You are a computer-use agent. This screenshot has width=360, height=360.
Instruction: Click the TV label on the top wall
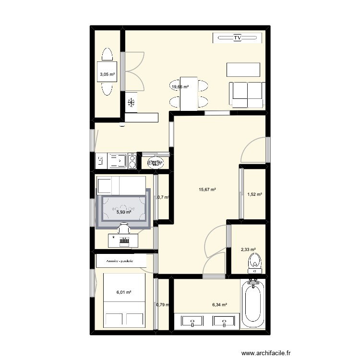(237, 38)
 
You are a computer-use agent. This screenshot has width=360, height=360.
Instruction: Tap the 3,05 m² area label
(107, 74)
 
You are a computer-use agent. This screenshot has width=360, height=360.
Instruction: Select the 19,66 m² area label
(180, 86)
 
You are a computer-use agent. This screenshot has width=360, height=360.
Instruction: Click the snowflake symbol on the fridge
(131, 102)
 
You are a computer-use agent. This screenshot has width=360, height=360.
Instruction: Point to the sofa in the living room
(247, 95)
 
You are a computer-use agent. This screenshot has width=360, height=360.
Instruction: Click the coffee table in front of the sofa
(244, 70)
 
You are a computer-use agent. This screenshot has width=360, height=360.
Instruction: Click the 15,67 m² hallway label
(207, 190)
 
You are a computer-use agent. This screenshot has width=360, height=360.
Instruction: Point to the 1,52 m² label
(254, 194)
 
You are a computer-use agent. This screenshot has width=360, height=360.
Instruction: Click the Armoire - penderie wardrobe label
(121, 261)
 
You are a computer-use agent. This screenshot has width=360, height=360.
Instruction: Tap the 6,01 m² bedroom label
(124, 292)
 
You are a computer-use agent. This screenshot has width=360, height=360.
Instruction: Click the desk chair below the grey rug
(124, 228)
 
